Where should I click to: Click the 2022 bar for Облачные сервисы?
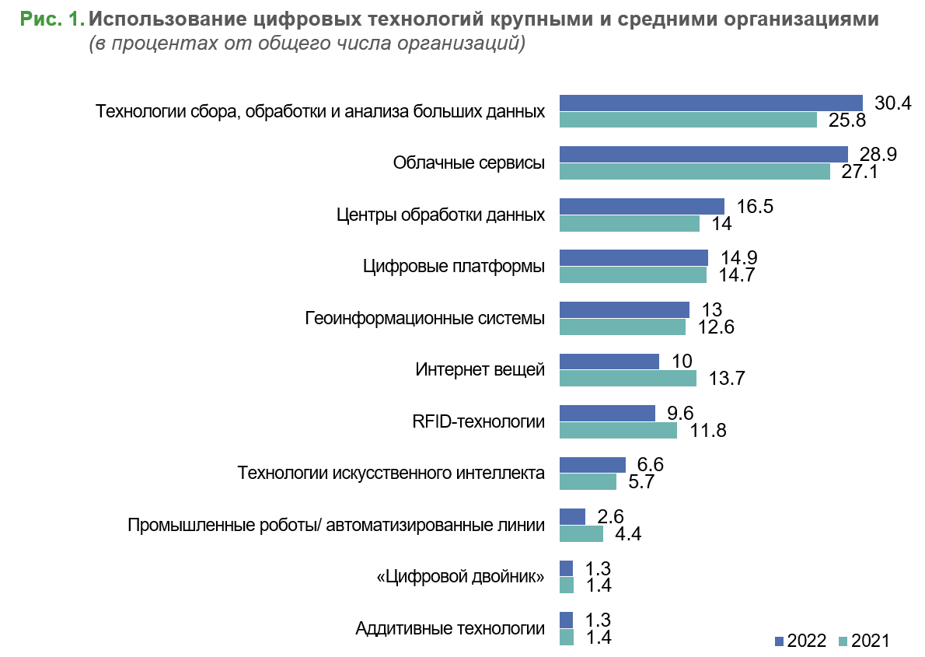[x=703, y=154]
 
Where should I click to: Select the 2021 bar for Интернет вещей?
[x=628, y=378]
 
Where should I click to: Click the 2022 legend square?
[x=780, y=641]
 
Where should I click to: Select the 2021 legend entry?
[x=863, y=641]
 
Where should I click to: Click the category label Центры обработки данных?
[x=441, y=215]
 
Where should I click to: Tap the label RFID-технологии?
[x=478, y=421]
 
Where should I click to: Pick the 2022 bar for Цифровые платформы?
[x=634, y=257]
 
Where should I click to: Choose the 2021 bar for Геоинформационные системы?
[x=623, y=327]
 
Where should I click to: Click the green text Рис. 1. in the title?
[x=52, y=20]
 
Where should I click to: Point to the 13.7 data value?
[x=728, y=379]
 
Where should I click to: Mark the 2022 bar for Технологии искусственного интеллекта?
[x=592, y=464]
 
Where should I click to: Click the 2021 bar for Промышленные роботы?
[x=581, y=533]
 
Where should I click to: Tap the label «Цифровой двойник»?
[x=460, y=577]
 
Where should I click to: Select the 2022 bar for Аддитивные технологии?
[x=566, y=620]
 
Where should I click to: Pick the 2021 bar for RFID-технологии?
[x=618, y=430]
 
